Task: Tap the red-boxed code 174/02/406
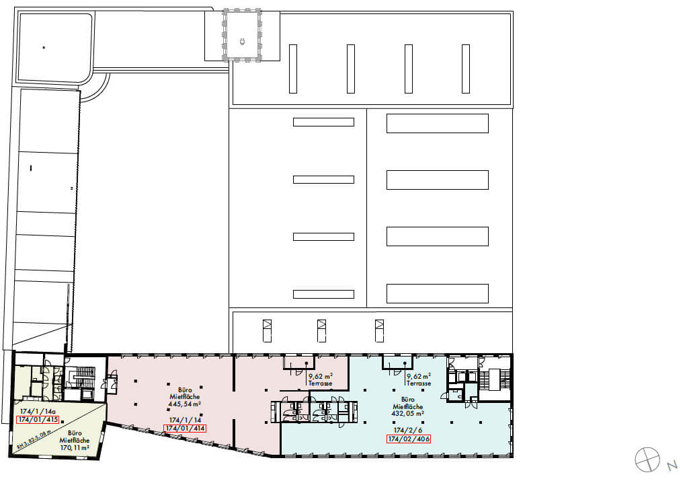pos(409,439)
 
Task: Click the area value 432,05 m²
pos(408,414)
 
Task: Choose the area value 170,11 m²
pos(75,447)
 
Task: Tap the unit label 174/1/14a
pos(38,411)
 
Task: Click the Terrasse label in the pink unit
pos(321,383)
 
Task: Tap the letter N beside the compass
pos(672,465)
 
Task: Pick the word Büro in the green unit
pos(75,433)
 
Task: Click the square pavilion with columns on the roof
pos(243,34)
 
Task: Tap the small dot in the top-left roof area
pos(44,47)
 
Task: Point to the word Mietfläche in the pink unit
pos(185,397)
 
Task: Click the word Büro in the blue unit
pos(408,399)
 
